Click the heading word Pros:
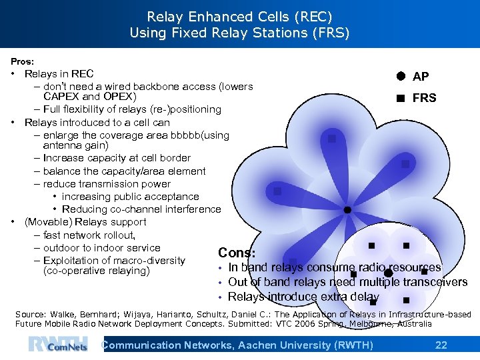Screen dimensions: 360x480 tap(23, 61)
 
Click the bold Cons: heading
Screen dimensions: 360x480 tap(237, 253)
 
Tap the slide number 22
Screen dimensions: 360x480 tap(441, 345)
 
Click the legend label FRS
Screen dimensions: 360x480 tap(424, 98)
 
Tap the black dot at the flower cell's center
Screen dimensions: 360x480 tap(347, 210)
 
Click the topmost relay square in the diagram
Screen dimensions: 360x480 tap(331, 139)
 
